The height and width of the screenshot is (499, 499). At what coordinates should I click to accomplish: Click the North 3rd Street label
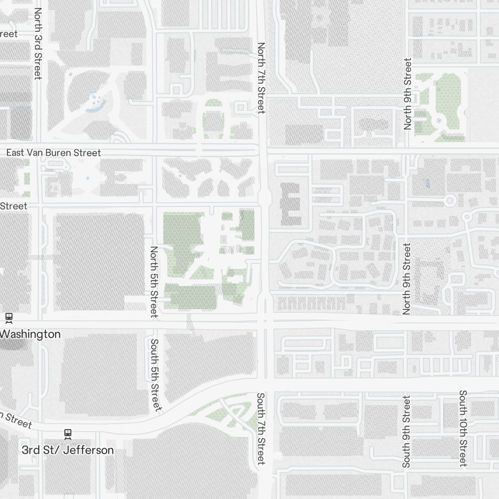pos(37,44)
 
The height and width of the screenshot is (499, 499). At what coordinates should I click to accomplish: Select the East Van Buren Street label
pos(53,153)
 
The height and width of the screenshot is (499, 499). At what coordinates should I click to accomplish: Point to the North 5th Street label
pos(154,282)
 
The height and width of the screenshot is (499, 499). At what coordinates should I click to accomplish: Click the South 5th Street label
pos(155,375)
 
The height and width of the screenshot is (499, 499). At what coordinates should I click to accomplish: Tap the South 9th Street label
pos(406,432)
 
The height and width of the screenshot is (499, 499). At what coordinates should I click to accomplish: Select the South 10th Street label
pos(463,428)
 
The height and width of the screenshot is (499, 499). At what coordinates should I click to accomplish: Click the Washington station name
pos(31,334)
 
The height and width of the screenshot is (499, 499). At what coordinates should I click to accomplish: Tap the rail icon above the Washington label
pos(8,317)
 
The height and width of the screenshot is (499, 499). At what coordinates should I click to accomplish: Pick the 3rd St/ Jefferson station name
pos(67,450)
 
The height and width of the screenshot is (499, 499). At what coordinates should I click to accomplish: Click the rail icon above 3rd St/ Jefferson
pos(67,434)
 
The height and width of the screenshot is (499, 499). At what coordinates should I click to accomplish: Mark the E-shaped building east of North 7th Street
pos(290,203)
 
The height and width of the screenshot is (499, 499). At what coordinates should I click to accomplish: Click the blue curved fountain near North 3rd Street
pos(94,103)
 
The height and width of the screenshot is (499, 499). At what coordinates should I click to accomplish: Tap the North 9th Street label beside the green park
pos(408,94)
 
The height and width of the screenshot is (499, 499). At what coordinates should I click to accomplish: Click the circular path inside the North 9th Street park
pos(439,120)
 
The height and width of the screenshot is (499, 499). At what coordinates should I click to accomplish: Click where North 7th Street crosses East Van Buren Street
pos(262,149)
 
